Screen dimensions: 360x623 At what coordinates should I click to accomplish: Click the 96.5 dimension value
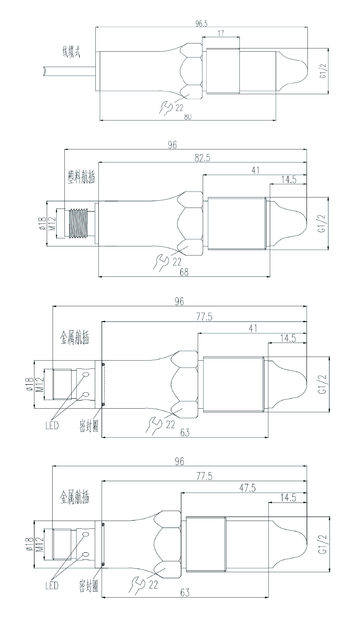(201, 24)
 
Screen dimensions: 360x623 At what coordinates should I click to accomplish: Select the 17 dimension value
(220, 34)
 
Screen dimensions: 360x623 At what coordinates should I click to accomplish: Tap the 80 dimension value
(188, 116)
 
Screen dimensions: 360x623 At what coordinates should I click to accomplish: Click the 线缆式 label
(71, 52)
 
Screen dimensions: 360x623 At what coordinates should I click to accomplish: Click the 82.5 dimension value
(202, 158)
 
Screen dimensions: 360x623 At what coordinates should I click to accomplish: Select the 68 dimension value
(184, 272)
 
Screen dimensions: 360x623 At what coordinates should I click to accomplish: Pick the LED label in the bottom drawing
(52, 585)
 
